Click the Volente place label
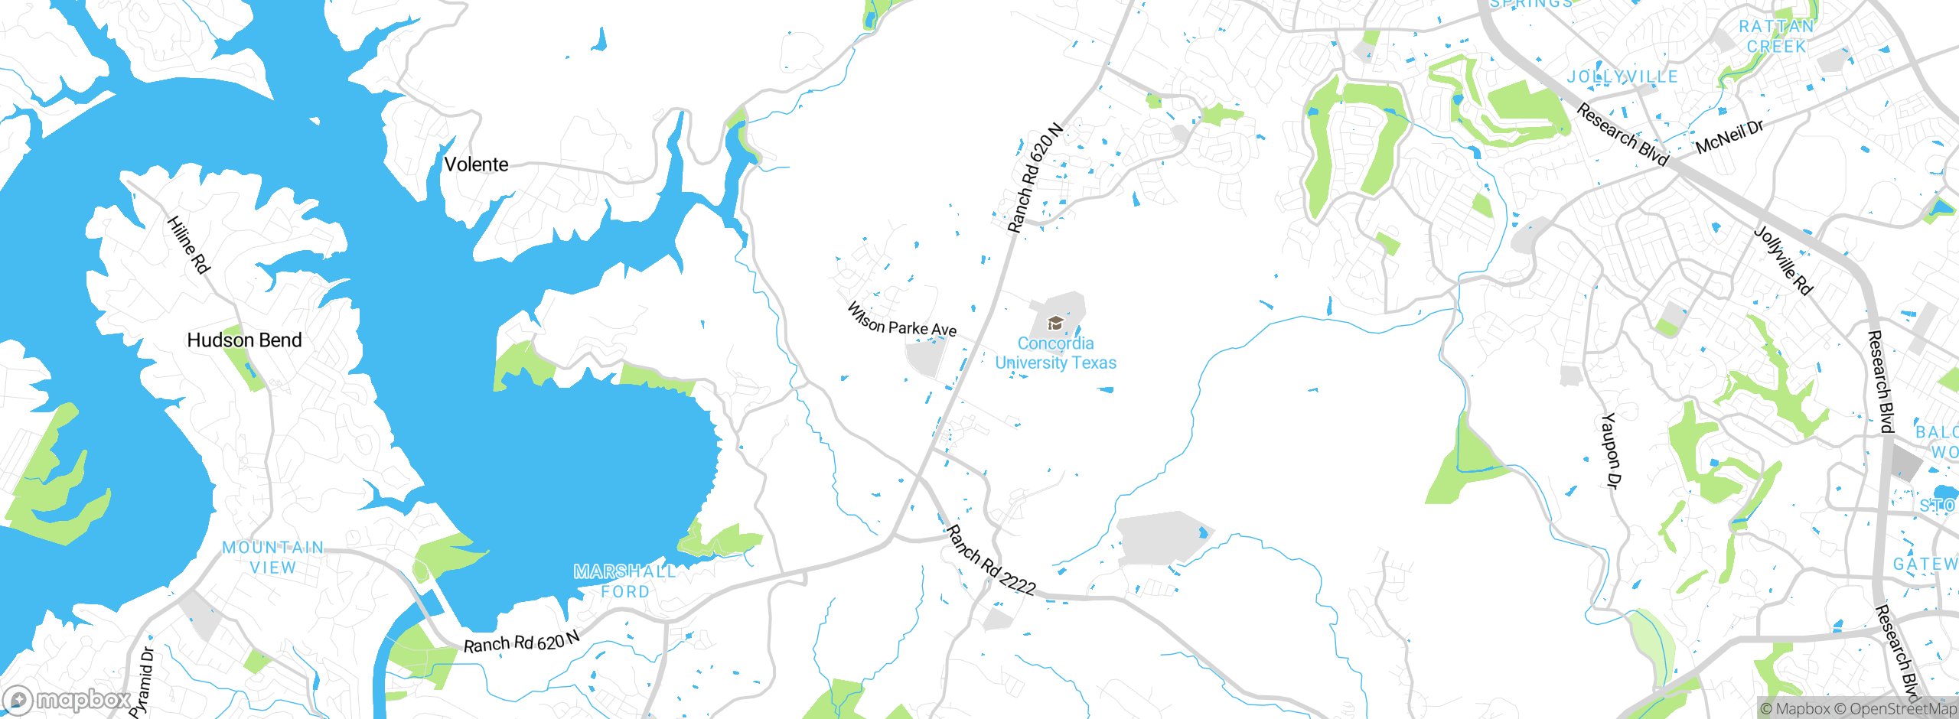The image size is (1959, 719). point(476,164)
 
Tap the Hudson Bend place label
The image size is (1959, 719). point(244,340)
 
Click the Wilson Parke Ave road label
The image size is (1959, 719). point(901,320)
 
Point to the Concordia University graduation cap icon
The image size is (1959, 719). point(1054,323)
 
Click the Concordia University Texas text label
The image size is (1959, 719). point(1055,353)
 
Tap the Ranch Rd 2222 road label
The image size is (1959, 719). point(990,561)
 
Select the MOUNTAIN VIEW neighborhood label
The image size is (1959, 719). point(273,558)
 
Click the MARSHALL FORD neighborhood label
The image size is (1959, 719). point(624,581)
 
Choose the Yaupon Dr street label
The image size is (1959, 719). point(1610,451)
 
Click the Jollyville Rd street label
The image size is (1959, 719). point(1783,260)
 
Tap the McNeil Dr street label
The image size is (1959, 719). point(1729,137)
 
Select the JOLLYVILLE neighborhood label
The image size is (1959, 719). point(1622,76)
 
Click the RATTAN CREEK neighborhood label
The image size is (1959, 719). point(1776,36)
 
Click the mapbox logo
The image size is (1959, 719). point(67,699)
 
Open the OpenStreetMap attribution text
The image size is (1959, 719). point(1902,709)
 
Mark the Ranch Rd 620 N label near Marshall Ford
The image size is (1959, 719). point(522,643)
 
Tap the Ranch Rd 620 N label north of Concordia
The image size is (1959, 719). point(1035,177)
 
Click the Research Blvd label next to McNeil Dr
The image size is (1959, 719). point(1622,135)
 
